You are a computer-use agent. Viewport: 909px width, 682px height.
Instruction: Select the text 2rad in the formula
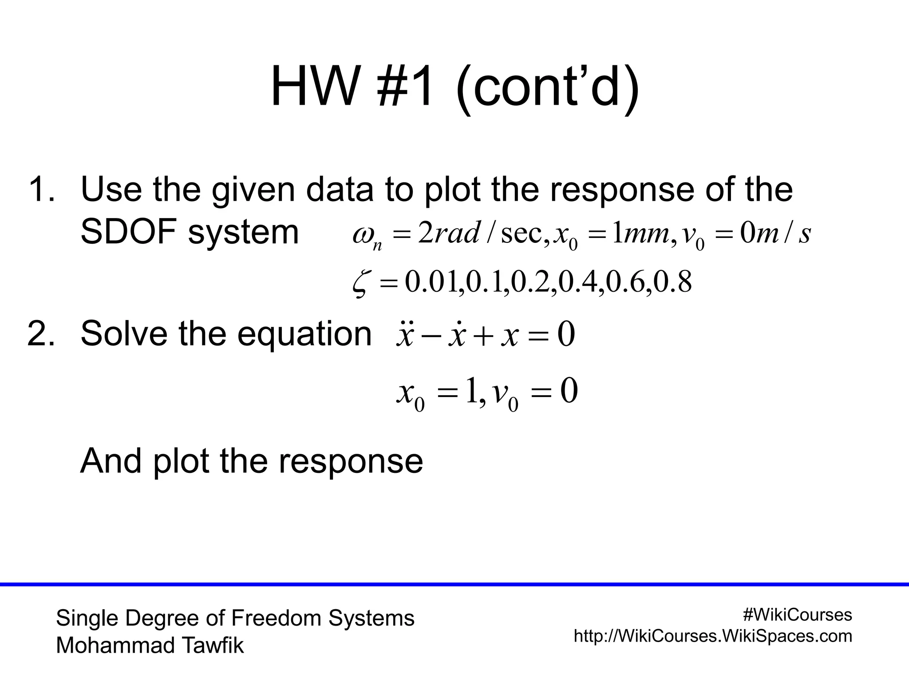point(448,234)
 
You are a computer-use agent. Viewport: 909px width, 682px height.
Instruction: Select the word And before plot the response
point(111,461)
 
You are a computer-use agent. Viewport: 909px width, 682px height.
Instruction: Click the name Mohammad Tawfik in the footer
point(150,646)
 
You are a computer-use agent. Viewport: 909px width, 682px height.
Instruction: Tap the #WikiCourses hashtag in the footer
point(797,615)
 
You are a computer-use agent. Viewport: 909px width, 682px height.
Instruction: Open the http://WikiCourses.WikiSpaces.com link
point(713,636)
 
